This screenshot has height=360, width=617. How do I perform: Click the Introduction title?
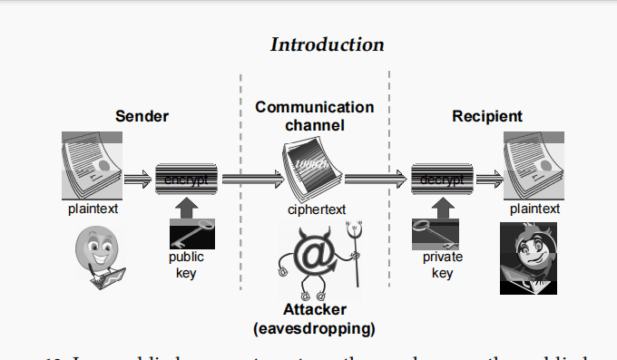tap(328, 44)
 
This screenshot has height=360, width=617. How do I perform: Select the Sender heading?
tap(142, 116)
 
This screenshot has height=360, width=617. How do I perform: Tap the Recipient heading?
tap(487, 116)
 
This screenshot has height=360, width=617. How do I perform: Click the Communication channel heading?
tap(314, 116)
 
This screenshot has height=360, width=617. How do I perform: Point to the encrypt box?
tap(185, 179)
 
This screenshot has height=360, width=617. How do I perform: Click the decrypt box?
tap(442, 179)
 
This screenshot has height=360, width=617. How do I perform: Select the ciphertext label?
tap(317, 209)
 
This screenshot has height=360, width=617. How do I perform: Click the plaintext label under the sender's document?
tap(93, 209)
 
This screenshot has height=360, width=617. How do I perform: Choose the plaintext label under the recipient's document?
tap(534, 209)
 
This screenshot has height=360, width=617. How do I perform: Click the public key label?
tap(186, 265)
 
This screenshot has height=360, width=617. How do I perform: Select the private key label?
tap(442, 265)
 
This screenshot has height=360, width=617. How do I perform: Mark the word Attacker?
tap(314, 310)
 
